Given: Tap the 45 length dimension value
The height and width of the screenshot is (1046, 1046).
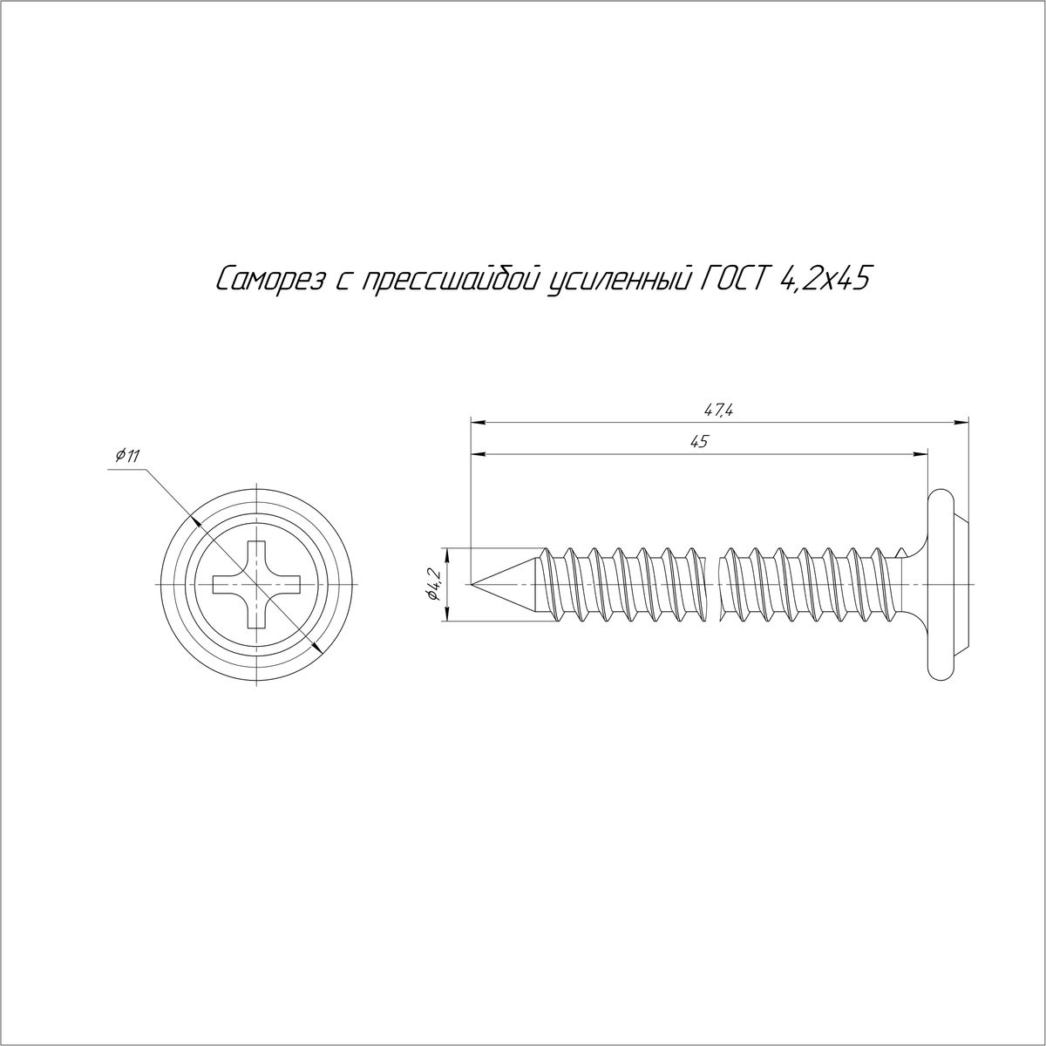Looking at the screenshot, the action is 700,442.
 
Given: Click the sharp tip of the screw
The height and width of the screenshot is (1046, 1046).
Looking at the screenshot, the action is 472,584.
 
